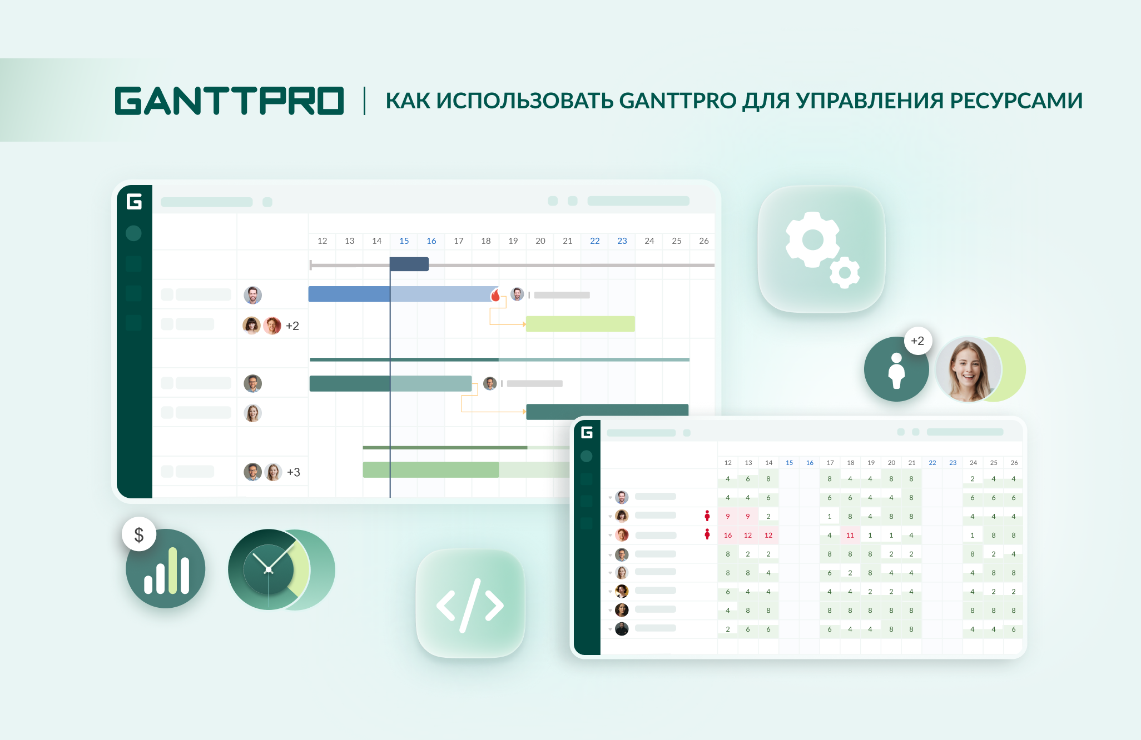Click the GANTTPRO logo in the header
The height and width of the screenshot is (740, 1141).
pos(229,101)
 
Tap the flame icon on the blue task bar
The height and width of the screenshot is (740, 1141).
pos(495,294)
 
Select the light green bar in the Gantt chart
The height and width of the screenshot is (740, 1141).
pos(580,324)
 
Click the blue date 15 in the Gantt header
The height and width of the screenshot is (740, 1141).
pos(404,241)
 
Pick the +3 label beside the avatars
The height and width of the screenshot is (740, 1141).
pos(293,472)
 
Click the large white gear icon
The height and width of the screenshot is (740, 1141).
pos(812,240)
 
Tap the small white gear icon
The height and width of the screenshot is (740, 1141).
pos(845,273)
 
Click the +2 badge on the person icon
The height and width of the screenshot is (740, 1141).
pos(917,341)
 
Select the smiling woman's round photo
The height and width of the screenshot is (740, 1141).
pos(968,369)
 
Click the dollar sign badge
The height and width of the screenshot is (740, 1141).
pos(139,534)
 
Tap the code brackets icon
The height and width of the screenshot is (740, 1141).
pos(470,606)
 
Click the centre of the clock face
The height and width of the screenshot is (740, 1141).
pos(269,569)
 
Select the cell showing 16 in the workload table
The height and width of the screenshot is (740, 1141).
pos(727,535)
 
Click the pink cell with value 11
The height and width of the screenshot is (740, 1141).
pos(850,535)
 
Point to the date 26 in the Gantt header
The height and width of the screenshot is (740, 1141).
pos(703,241)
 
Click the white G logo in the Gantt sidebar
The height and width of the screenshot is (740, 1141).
pos(134,201)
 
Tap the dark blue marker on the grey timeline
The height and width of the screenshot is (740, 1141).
pos(409,264)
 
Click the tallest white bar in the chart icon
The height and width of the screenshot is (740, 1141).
pos(172,571)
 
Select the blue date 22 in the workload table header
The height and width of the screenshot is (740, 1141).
pos(932,463)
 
